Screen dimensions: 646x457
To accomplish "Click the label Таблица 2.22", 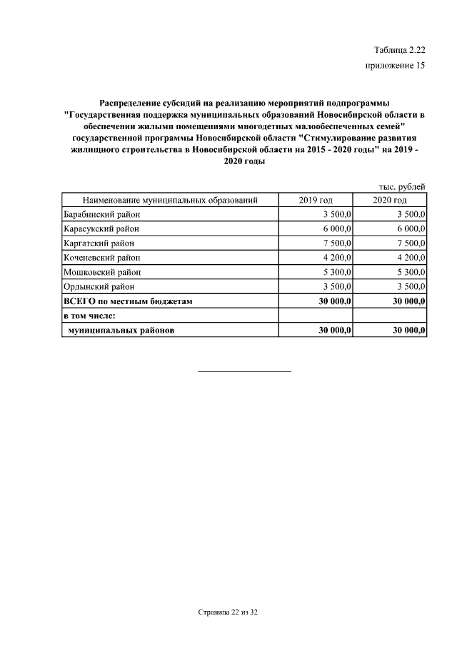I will tap(399, 49).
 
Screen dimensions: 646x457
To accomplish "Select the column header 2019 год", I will tap(316, 200).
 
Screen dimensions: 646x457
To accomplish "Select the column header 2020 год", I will tap(390, 200).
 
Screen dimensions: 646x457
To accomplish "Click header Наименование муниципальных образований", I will tap(170, 200).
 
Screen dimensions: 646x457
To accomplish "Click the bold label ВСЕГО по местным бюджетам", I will tap(128, 301).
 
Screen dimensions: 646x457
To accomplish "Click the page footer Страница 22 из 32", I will tap(228, 613).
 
